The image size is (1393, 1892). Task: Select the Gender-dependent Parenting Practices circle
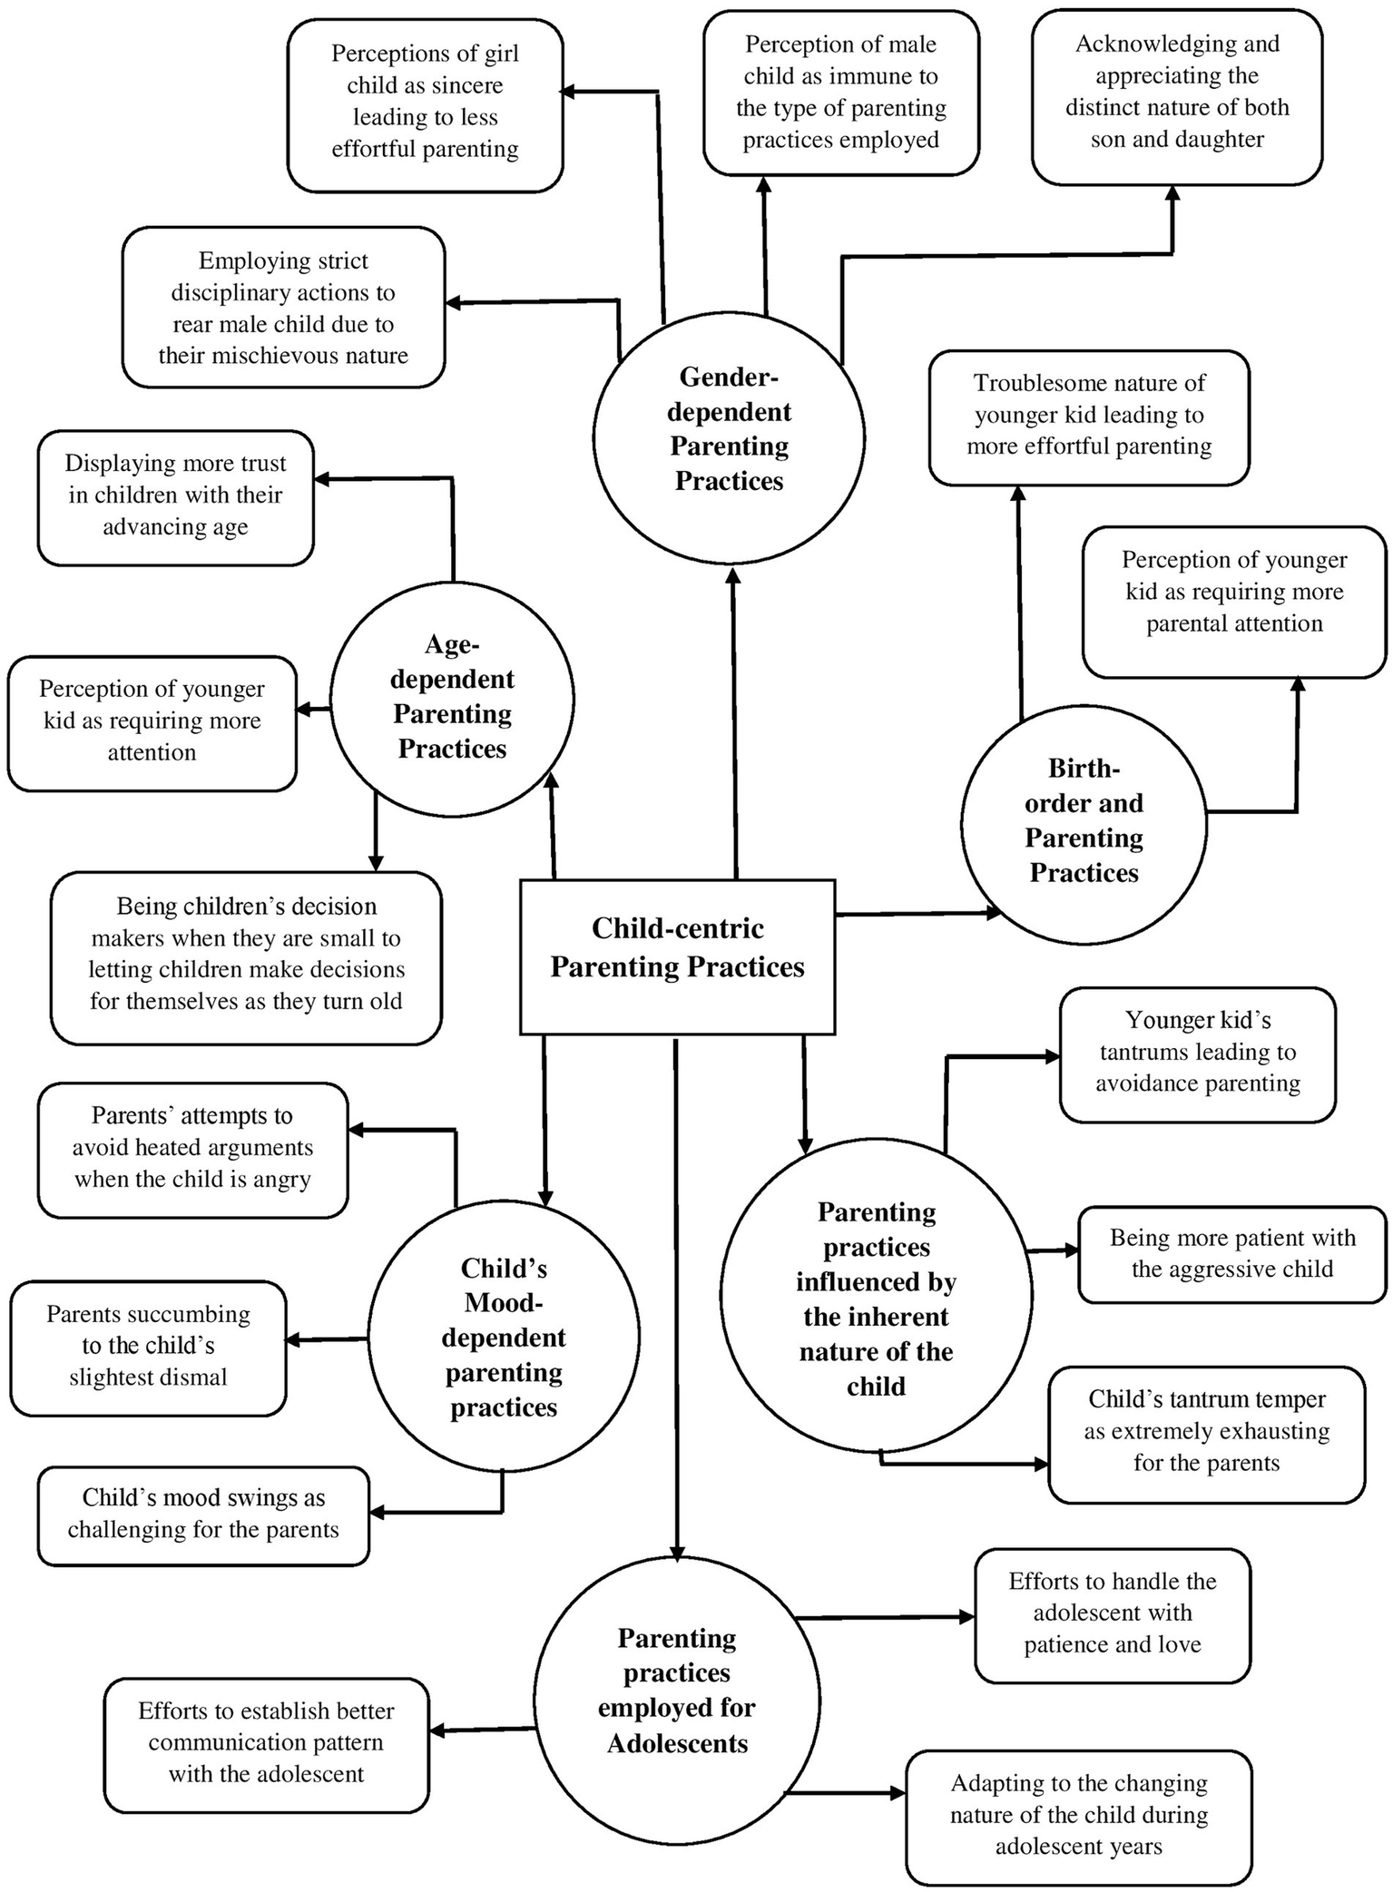729,436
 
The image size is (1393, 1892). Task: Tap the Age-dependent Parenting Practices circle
452,697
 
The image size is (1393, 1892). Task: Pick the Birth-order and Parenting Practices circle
1084,823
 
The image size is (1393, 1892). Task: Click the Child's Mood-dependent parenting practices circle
504,1336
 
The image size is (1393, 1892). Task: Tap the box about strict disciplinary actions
283,308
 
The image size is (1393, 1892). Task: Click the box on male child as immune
840,92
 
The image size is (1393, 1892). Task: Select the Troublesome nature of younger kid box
1089,416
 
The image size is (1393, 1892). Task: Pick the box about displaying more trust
175,495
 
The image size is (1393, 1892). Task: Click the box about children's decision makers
246,955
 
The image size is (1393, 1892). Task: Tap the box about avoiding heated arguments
192,1148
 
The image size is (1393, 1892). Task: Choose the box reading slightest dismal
148,1347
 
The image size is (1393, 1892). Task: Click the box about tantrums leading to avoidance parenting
1197,1053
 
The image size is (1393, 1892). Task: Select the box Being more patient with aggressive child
1232,1253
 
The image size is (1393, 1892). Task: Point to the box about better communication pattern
266,1744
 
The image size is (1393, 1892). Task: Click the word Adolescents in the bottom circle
678,1744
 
